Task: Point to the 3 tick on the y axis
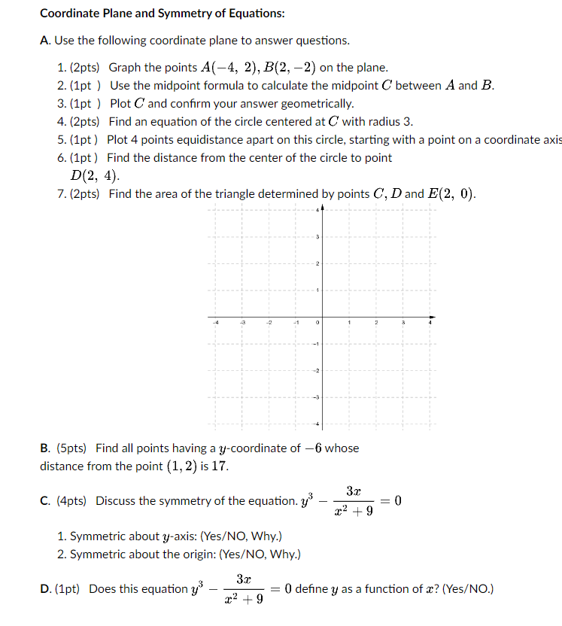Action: point(317,237)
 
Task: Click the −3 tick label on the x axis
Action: point(242,322)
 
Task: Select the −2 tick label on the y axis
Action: point(317,370)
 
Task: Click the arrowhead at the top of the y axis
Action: point(323,208)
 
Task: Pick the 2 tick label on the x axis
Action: point(377,322)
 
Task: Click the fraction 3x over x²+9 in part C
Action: point(354,501)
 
